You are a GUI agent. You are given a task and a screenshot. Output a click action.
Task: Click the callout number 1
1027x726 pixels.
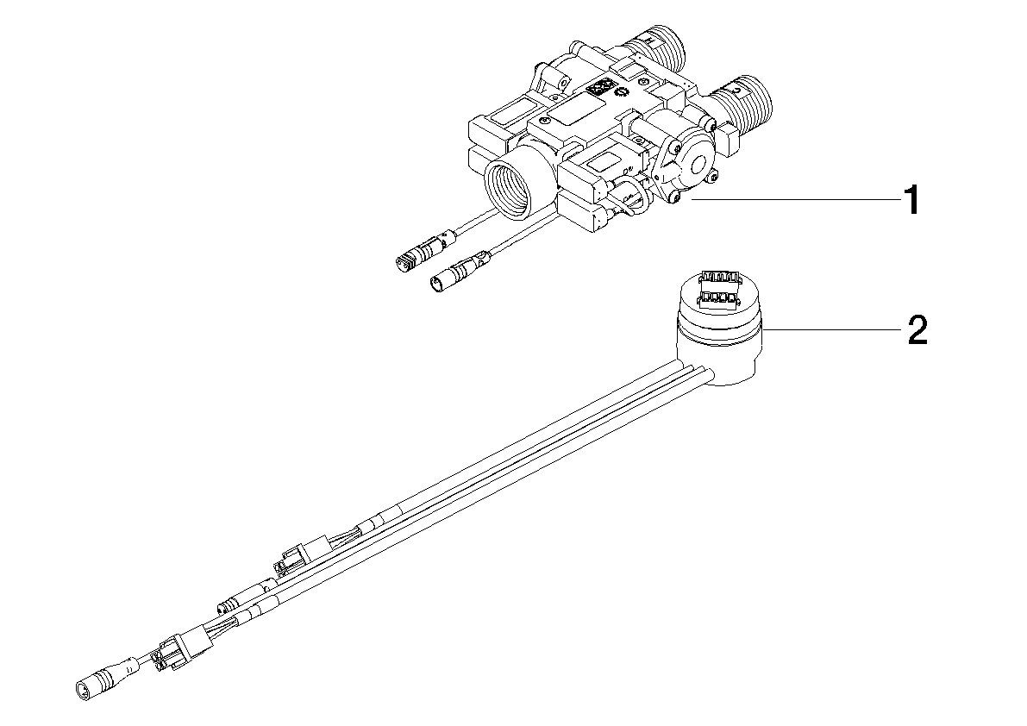[911, 203]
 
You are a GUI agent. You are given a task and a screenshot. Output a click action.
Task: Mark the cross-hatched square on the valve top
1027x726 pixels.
[598, 87]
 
